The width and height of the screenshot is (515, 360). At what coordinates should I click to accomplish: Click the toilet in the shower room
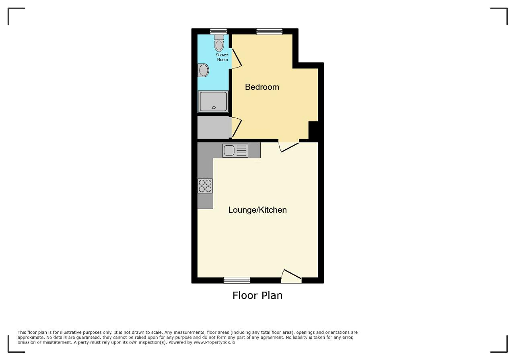click(219, 43)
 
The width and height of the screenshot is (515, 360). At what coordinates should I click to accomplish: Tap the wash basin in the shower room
click(203, 70)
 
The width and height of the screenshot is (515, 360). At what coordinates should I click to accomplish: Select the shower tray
click(213, 102)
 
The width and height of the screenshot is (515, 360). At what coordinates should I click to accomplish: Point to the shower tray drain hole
click(214, 107)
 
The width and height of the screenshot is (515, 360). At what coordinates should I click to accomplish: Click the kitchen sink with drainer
click(235, 150)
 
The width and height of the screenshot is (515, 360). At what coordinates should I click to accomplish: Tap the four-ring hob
click(205, 186)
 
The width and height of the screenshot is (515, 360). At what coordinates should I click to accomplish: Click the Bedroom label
click(262, 87)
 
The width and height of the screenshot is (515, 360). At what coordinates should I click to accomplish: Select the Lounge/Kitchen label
click(257, 210)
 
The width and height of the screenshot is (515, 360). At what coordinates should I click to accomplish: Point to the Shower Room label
click(222, 57)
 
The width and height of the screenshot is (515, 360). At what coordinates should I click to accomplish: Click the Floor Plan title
click(257, 295)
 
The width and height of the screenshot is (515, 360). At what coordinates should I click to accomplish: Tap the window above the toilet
click(218, 31)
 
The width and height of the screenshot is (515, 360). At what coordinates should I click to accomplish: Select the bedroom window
click(269, 31)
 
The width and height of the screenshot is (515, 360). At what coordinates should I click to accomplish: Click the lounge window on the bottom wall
click(237, 280)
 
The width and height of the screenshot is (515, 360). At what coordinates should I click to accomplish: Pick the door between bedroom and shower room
click(237, 58)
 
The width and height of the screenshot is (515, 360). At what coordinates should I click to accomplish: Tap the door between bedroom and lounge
click(289, 146)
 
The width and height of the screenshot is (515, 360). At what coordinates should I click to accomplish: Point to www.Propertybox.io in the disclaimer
click(214, 342)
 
